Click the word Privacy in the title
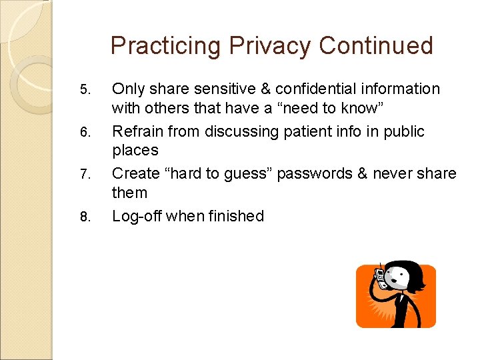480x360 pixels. click(x=270, y=46)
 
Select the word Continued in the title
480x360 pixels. click(x=376, y=46)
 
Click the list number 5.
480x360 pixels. click(x=83, y=90)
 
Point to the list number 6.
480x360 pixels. click(x=83, y=133)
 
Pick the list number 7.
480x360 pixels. click(x=83, y=175)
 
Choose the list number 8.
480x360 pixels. click(x=83, y=217)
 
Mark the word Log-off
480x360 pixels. click(x=137, y=216)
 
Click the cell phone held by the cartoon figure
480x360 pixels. click(x=381, y=277)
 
